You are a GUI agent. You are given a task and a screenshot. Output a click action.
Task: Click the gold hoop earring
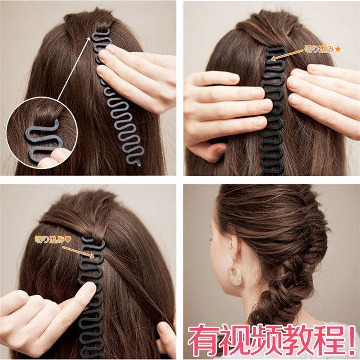[x=234, y=275]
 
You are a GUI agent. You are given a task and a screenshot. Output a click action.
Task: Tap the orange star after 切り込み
[x=338, y=49]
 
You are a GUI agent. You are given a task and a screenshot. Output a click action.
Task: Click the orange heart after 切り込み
[x=68, y=240]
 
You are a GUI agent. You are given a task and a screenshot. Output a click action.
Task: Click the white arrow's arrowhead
[x=88, y=39]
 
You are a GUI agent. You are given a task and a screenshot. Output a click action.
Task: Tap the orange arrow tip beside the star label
[x=273, y=59]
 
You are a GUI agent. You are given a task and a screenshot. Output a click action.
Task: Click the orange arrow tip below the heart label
[x=92, y=256]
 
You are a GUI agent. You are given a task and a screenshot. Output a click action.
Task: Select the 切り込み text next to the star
[x=319, y=49]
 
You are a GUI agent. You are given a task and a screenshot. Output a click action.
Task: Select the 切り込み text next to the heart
[x=49, y=240]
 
